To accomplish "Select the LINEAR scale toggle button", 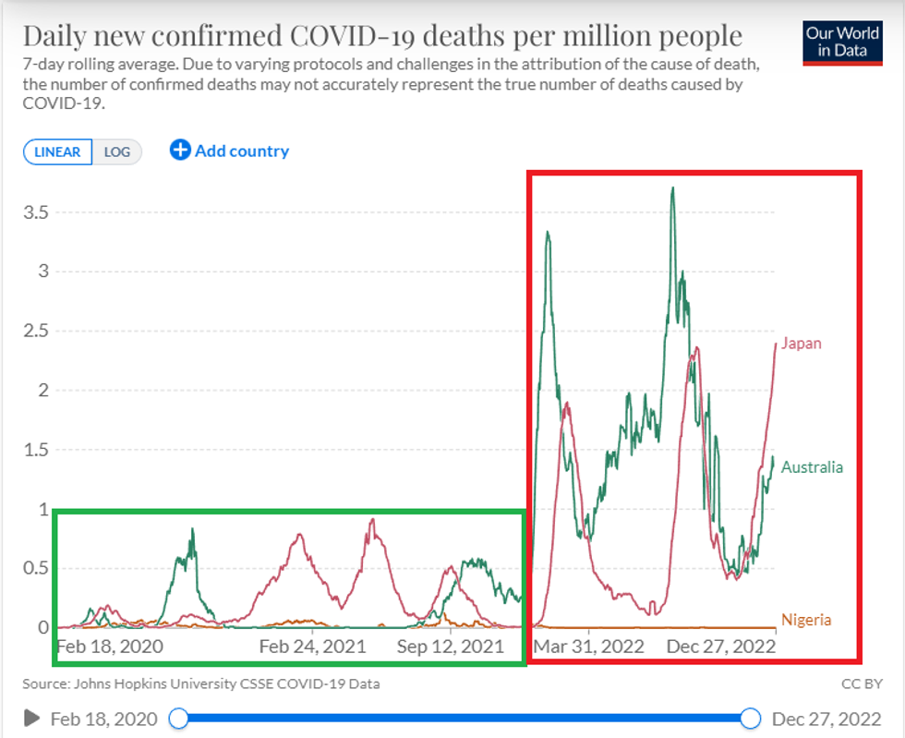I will [x=58, y=152].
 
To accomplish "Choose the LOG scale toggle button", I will [x=117, y=152].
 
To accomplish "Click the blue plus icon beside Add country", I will [x=180, y=151].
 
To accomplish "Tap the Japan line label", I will [x=801, y=344].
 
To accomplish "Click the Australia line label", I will [x=812, y=467].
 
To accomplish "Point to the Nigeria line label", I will [x=806, y=620].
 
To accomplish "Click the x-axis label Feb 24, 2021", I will [x=312, y=647].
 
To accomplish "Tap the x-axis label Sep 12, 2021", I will [x=451, y=647].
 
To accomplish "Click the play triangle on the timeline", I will [x=32, y=718].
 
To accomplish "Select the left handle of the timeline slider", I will [x=179, y=718].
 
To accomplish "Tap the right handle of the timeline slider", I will [x=751, y=718].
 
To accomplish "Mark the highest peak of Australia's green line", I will [x=672, y=188].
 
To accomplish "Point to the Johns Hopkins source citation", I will [x=201, y=684].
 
